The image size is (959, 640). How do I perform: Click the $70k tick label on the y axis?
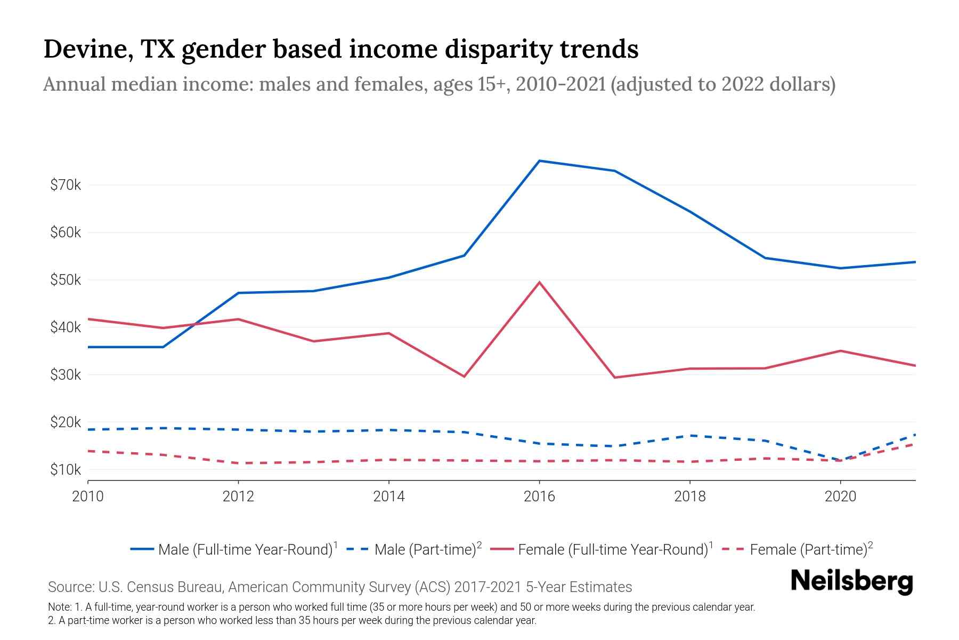66,185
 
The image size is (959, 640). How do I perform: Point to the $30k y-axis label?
66,375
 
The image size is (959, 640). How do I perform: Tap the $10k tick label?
66,470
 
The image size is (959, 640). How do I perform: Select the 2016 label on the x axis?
539,497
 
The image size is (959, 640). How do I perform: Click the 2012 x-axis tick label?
238,497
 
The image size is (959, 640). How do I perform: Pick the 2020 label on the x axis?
840,497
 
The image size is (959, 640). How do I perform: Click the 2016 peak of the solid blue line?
539,161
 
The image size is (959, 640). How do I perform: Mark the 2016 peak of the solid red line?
539,282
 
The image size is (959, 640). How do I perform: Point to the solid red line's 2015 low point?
464,377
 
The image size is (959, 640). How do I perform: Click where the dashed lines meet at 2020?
840,460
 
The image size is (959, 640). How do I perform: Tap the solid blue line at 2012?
238,293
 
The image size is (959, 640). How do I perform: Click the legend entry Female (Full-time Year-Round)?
613,549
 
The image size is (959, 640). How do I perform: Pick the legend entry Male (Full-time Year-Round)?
245,549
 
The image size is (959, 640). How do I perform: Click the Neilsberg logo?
852,581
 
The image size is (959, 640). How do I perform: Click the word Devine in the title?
87,49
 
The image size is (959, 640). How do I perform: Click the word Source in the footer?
69,587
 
